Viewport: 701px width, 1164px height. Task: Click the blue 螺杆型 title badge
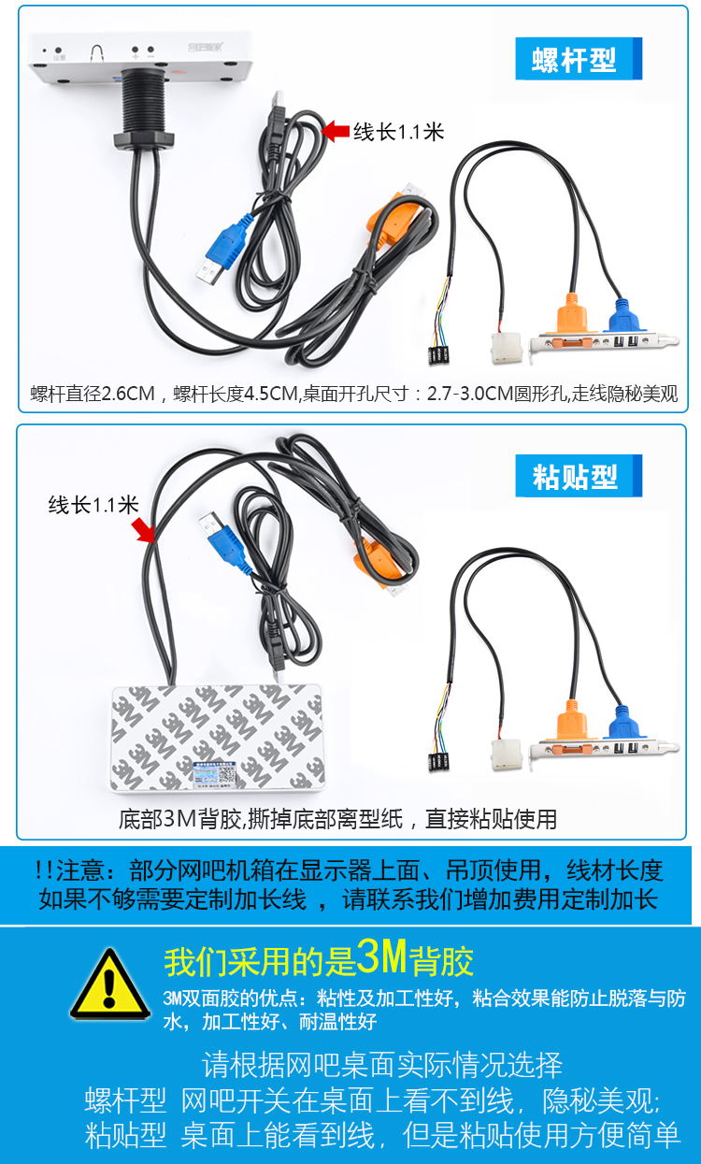579,59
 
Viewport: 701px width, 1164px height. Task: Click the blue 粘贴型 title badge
579,476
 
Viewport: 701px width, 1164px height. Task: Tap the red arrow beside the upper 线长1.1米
336,131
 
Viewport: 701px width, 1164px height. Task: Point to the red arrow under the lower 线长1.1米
143,530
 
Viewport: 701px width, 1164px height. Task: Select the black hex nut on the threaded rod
144,139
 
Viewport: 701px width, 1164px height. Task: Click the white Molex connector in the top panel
506,348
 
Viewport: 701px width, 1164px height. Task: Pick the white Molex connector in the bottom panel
506,754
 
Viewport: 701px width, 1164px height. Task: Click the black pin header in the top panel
438,354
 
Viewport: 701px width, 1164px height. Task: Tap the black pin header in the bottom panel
438,761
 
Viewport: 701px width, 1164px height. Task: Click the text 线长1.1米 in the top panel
398,132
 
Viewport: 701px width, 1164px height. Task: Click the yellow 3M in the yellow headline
381,956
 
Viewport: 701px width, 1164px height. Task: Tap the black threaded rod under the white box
144,100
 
